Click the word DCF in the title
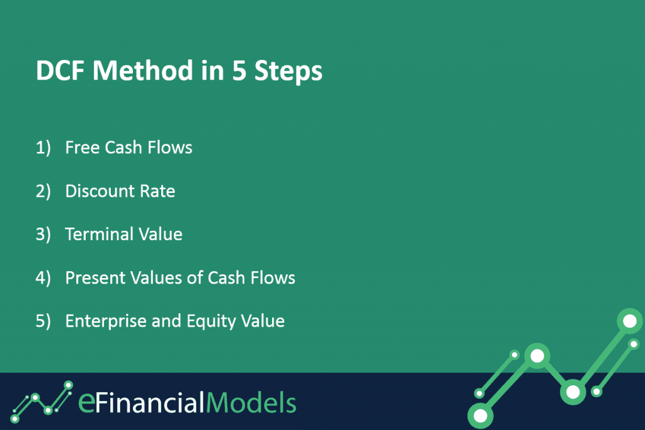click(x=60, y=71)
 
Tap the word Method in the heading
click(x=143, y=70)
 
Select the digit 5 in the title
click(x=239, y=71)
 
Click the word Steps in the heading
click(x=288, y=72)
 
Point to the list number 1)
click(x=43, y=148)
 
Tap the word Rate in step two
click(x=157, y=191)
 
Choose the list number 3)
click(x=43, y=235)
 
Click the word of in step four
click(x=195, y=277)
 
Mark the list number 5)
click(x=43, y=322)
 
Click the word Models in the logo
click(x=251, y=402)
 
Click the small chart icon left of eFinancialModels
click(x=42, y=401)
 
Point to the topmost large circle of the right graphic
click(x=629, y=321)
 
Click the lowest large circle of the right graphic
click(x=481, y=415)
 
